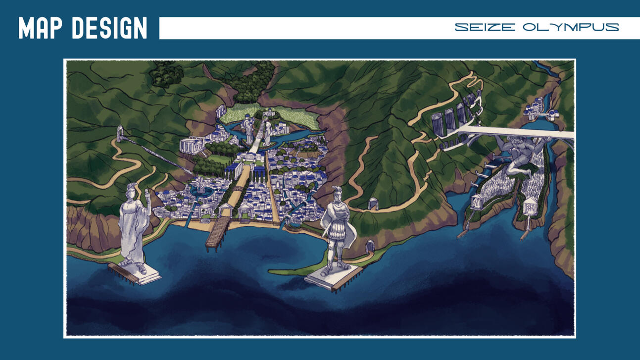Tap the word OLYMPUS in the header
click(x=571, y=27)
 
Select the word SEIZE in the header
click(x=485, y=27)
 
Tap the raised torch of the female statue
click(x=148, y=194)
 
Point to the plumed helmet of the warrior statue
click(x=337, y=192)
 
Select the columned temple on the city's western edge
click(x=192, y=145)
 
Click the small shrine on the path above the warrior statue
click(x=373, y=203)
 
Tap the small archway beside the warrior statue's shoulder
click(x=369, y=246)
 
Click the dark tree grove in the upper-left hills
click(x=166, y=74)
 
